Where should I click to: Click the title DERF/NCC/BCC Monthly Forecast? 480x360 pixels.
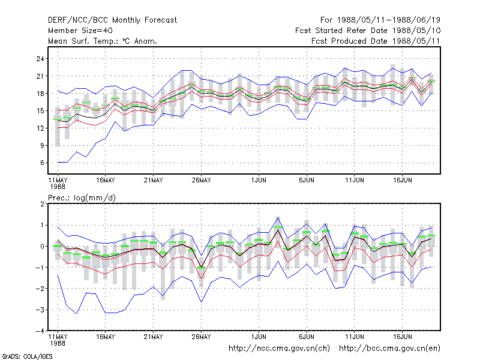112,20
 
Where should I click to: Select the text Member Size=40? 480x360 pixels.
80,31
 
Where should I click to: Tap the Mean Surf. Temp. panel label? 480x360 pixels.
102,41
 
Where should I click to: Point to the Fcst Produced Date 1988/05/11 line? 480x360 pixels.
376,41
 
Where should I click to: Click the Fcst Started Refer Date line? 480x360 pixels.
368,31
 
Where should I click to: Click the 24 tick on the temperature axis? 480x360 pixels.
40,59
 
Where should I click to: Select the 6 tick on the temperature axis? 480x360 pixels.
42,163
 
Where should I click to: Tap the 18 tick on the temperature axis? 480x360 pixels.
40,94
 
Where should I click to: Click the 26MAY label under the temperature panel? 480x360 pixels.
201,181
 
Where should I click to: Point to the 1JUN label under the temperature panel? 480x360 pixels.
259,181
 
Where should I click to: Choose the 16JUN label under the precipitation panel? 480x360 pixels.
402,337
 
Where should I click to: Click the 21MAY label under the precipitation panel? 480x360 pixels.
154,337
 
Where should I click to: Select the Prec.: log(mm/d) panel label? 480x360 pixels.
82,198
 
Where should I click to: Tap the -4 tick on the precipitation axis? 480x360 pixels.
40,331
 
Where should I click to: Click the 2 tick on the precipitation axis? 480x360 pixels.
42,204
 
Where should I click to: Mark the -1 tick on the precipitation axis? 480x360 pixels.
40,268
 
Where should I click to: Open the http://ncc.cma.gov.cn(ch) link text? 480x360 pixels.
279,349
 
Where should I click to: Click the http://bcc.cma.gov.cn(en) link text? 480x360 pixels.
389,349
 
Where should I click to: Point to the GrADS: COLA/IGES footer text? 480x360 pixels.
27,356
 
